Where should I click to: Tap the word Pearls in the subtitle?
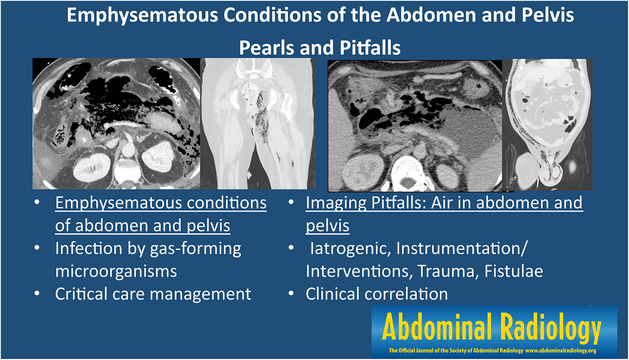click(x=265, y=48)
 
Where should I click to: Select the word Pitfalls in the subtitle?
click(x=370, y=48)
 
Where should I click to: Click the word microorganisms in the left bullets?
click(x=116, y=271)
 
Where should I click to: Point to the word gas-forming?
click(x=196, y=249)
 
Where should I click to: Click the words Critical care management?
click(x=153, y=294)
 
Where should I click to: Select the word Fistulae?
click(x=514, y=271)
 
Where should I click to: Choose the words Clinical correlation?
click(x=377, y=294)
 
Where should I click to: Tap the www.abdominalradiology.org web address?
click(x=560, y=350)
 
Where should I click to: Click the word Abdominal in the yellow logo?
click(x=437, y=326)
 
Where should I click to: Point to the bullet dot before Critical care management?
click(x=37, y=294)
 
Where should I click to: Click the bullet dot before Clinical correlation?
click(x=291, y=294)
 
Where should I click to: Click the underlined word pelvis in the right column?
click(x=327, y=225)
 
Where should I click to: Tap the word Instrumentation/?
click(x=462, y=248)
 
